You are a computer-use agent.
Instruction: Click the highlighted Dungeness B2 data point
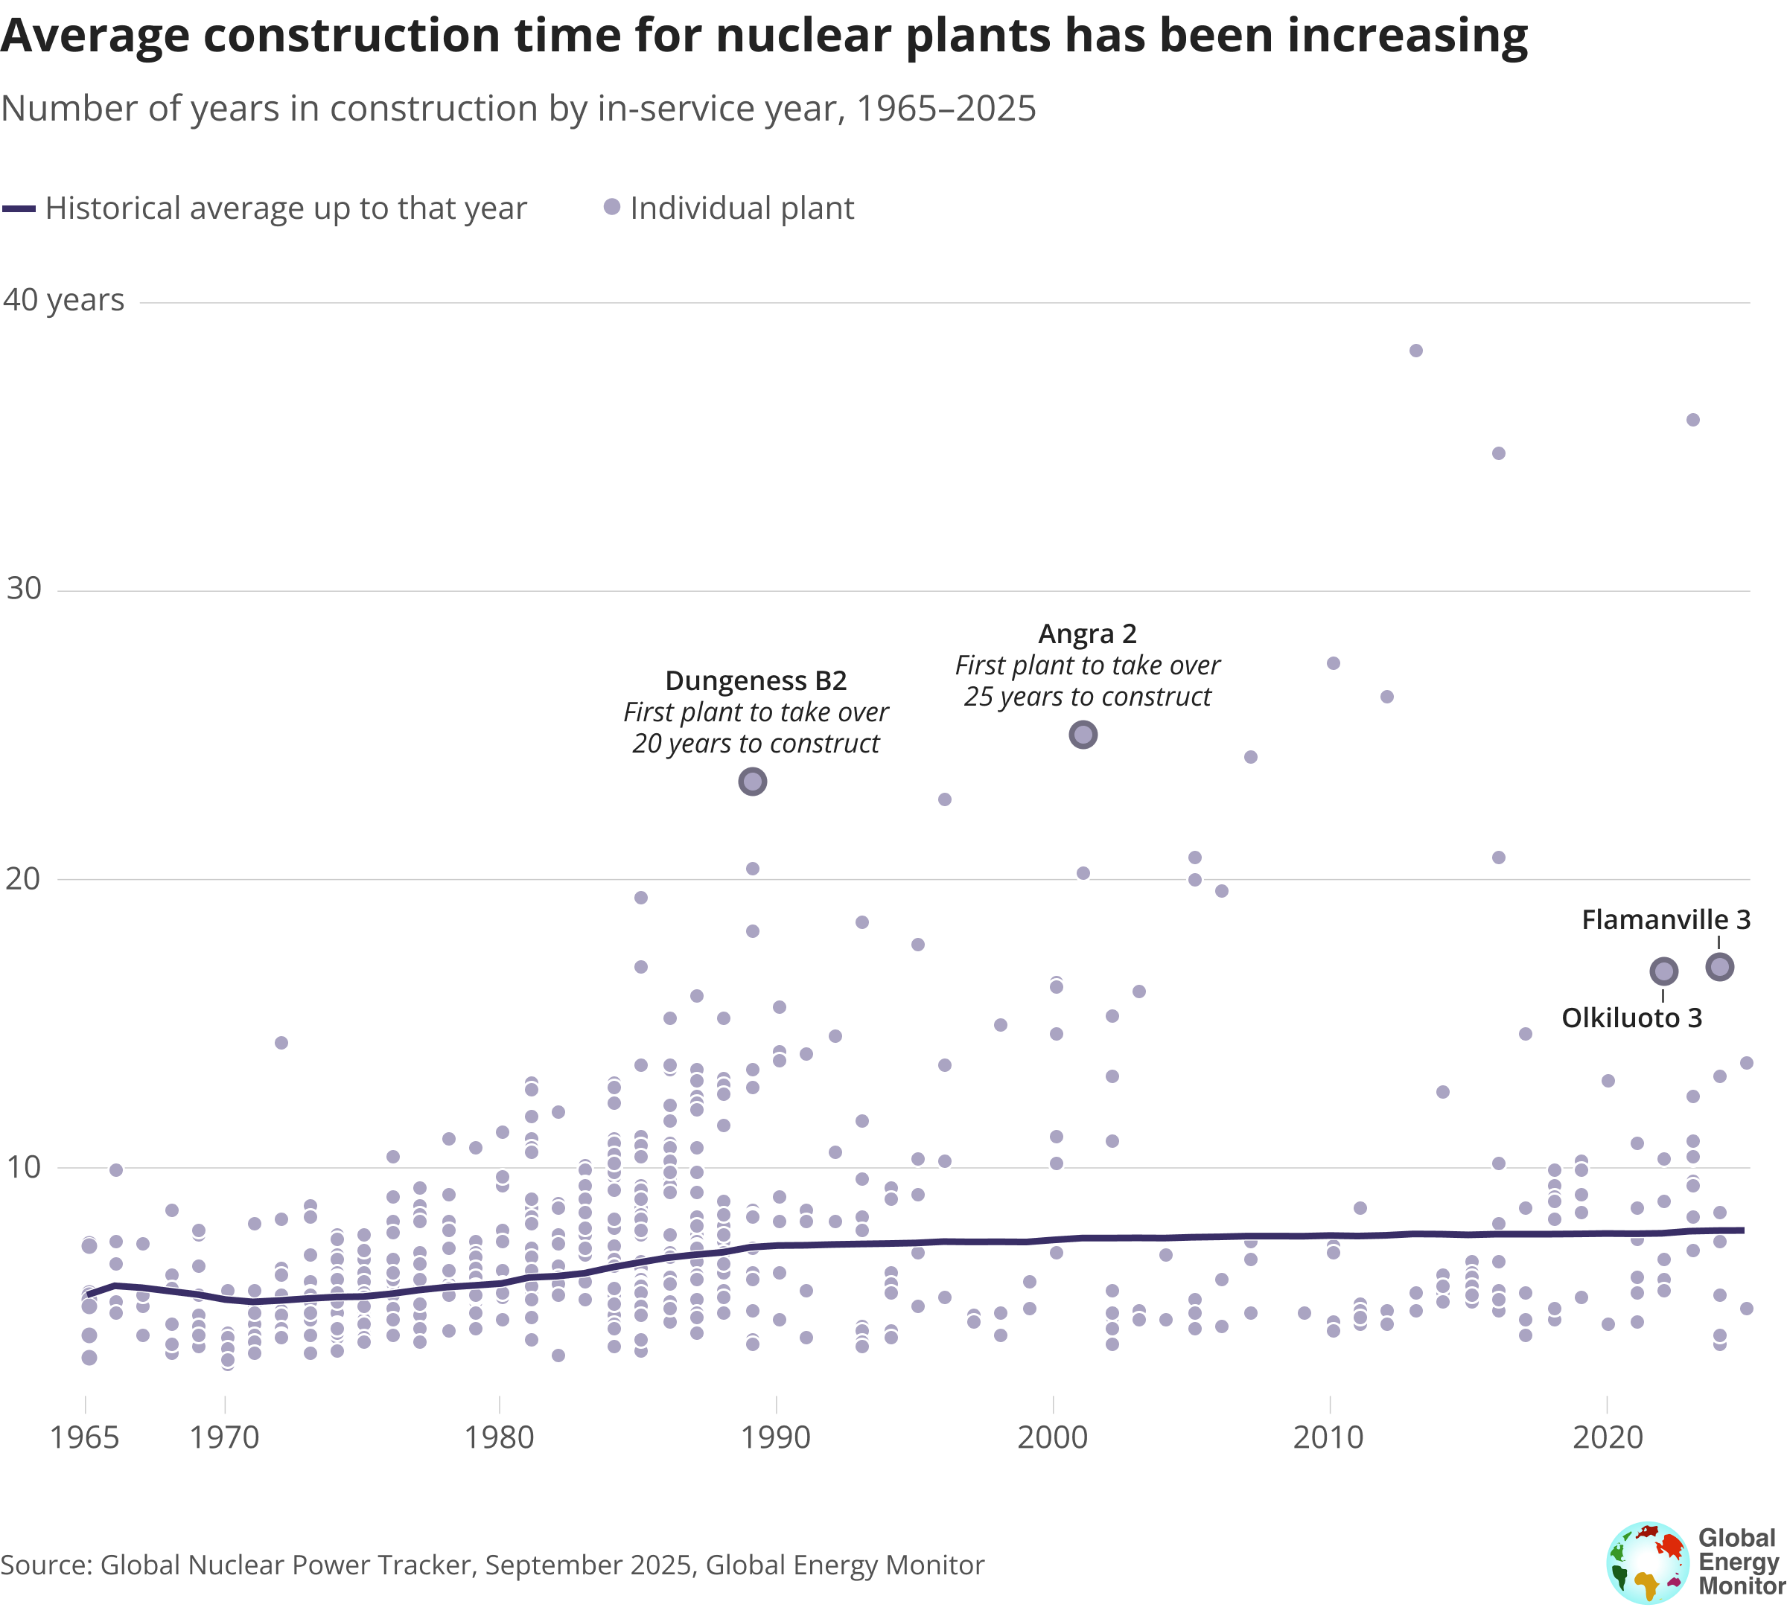coord(753,782)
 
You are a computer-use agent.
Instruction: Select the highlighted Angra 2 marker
coord(1083,735)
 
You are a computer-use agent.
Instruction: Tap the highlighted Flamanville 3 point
coord(1720,967)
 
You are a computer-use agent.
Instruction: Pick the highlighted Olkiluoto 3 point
coord(1664,971)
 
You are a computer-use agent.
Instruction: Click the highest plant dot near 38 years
coord(1415,351)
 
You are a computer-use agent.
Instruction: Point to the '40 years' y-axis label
coord(64,301)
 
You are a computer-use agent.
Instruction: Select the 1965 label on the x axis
coord(84,1437)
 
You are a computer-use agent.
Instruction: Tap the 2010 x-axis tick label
coord(1328,1437)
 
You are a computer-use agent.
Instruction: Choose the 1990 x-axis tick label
coord(776,1437)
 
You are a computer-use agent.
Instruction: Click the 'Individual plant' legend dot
coord(611,208)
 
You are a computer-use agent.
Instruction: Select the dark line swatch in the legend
coord(19,209)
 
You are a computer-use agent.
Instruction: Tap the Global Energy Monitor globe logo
coord(1648,1563)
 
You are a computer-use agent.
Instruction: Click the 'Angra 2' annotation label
coord(1087,634)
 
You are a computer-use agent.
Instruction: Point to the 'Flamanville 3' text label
coord(1666,920)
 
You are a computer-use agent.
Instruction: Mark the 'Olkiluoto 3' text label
coord(1631,1018)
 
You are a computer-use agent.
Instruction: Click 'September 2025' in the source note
coord(587,1565)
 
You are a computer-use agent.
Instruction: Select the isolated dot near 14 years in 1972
coord(281,1042)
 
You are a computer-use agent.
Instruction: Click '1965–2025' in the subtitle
coord(945,109)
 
